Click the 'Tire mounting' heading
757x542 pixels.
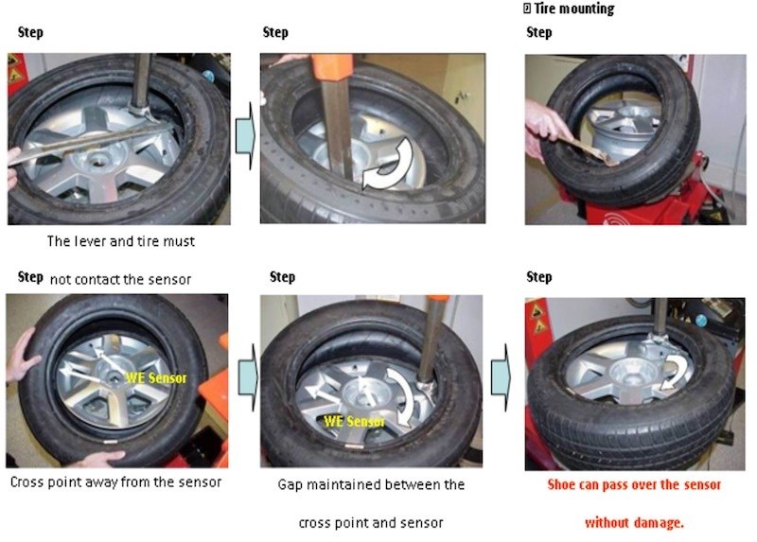(x=574, y=9)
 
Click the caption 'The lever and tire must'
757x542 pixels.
(x=121, y=241)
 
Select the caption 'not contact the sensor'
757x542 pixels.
(x=121, y=279)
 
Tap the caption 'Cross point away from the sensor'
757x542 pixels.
(x=115, y=481)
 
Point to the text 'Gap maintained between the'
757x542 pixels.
(x=371, y=484)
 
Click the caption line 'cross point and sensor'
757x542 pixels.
(x=371, y=523)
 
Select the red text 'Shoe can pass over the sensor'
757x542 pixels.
(x=634, y=484)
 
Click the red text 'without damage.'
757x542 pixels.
(x=634, y=522)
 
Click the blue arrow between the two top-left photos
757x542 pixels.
(x=245, y=135)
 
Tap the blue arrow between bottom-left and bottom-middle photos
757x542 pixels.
(x=248, y=376)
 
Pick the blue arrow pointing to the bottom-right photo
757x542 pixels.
(x=501, y=376)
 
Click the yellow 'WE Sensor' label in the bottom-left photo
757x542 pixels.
(x=156, y=378)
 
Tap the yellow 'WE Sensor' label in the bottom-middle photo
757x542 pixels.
(x=355, y=421)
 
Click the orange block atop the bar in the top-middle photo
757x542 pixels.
(x=332, y=68)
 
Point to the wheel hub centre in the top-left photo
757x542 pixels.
(x=98, y=161)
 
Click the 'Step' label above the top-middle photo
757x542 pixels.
(x=275, y=32)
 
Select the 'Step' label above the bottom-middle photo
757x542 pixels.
(x=282, y=277)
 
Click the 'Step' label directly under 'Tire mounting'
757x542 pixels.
(x=538, y=32)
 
